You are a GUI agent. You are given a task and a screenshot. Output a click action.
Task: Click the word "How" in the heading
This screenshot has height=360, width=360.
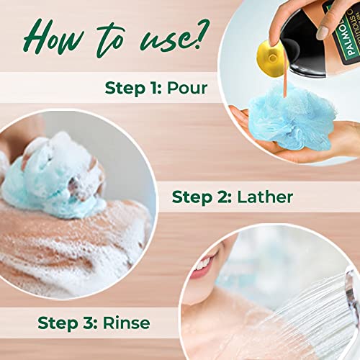(54, 37)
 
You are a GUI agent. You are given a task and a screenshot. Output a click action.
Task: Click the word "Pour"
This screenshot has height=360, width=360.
(187, 88)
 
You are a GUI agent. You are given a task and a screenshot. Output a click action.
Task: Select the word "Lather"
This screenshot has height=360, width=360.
(265, 197)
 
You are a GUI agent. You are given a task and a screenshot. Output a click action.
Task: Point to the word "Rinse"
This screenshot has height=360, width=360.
(127, 323)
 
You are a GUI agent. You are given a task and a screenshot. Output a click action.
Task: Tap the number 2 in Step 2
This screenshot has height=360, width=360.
(225, 197)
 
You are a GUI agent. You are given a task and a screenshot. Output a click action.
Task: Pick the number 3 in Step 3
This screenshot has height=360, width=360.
(90, 323)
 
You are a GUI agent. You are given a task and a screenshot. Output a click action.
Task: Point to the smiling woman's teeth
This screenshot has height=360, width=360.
(204, 264)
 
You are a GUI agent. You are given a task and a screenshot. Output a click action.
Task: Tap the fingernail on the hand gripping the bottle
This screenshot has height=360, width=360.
(323, 32)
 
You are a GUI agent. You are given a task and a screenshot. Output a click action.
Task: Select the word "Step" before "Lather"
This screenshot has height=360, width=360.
(192, 198)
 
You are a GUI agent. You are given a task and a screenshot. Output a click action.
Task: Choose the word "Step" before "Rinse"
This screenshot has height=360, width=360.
(58, 324)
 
